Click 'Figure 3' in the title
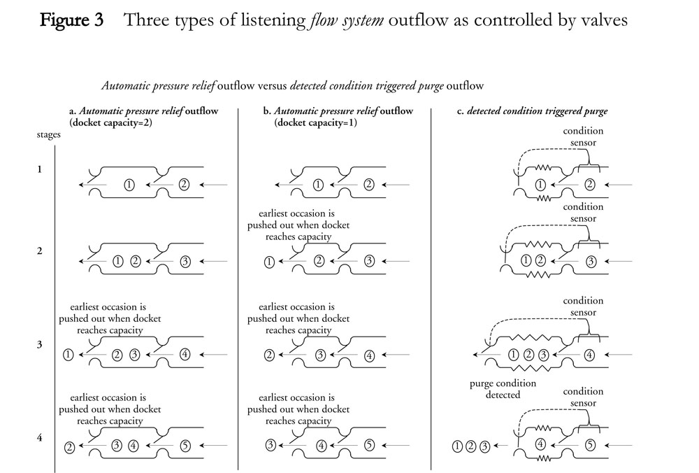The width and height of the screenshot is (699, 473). point(71,20)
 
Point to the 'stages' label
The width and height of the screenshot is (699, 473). point(49,135)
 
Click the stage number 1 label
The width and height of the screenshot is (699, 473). point(40,169)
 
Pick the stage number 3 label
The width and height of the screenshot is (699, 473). point(40,345)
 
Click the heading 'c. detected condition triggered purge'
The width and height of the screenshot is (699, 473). point(537,111)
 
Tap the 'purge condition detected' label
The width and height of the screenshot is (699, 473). point(503,389)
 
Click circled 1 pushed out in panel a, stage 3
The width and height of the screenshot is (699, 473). point(68,354)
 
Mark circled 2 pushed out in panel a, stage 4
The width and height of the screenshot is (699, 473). point(69,447)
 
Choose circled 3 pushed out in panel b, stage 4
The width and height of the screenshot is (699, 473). point(270,444)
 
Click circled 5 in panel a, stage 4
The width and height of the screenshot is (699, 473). point(185,444)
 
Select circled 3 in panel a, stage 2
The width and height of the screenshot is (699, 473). point(185,262)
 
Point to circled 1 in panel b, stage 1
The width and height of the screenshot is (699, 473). point(318,185)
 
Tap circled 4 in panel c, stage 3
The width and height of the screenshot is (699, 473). point(589,355)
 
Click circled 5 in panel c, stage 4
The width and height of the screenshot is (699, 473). point(590,444)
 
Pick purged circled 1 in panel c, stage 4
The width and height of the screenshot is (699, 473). point(457,445)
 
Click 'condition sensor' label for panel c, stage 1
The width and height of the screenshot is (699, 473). point(583,137)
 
